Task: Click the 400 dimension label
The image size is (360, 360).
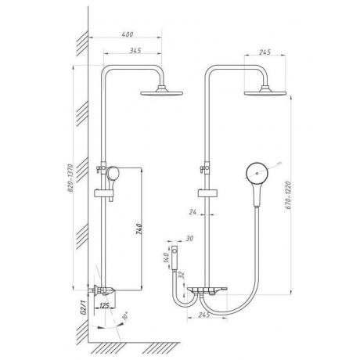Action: (x=128, y=34)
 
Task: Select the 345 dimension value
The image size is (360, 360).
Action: (x=135, y=50)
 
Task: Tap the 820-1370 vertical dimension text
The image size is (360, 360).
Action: (x=70, y=178)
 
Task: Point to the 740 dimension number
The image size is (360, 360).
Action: (x=139, y=229)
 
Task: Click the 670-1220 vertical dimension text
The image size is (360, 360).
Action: (x=288, y=195)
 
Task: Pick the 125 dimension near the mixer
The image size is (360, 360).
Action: (x=104, y=305)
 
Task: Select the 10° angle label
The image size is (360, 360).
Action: (x=125, y=316)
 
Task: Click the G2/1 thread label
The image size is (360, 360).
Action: (x=84, y=308)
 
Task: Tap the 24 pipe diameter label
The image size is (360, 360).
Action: (x=193, y=212)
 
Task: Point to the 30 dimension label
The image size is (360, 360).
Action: (x=189, y=239)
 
